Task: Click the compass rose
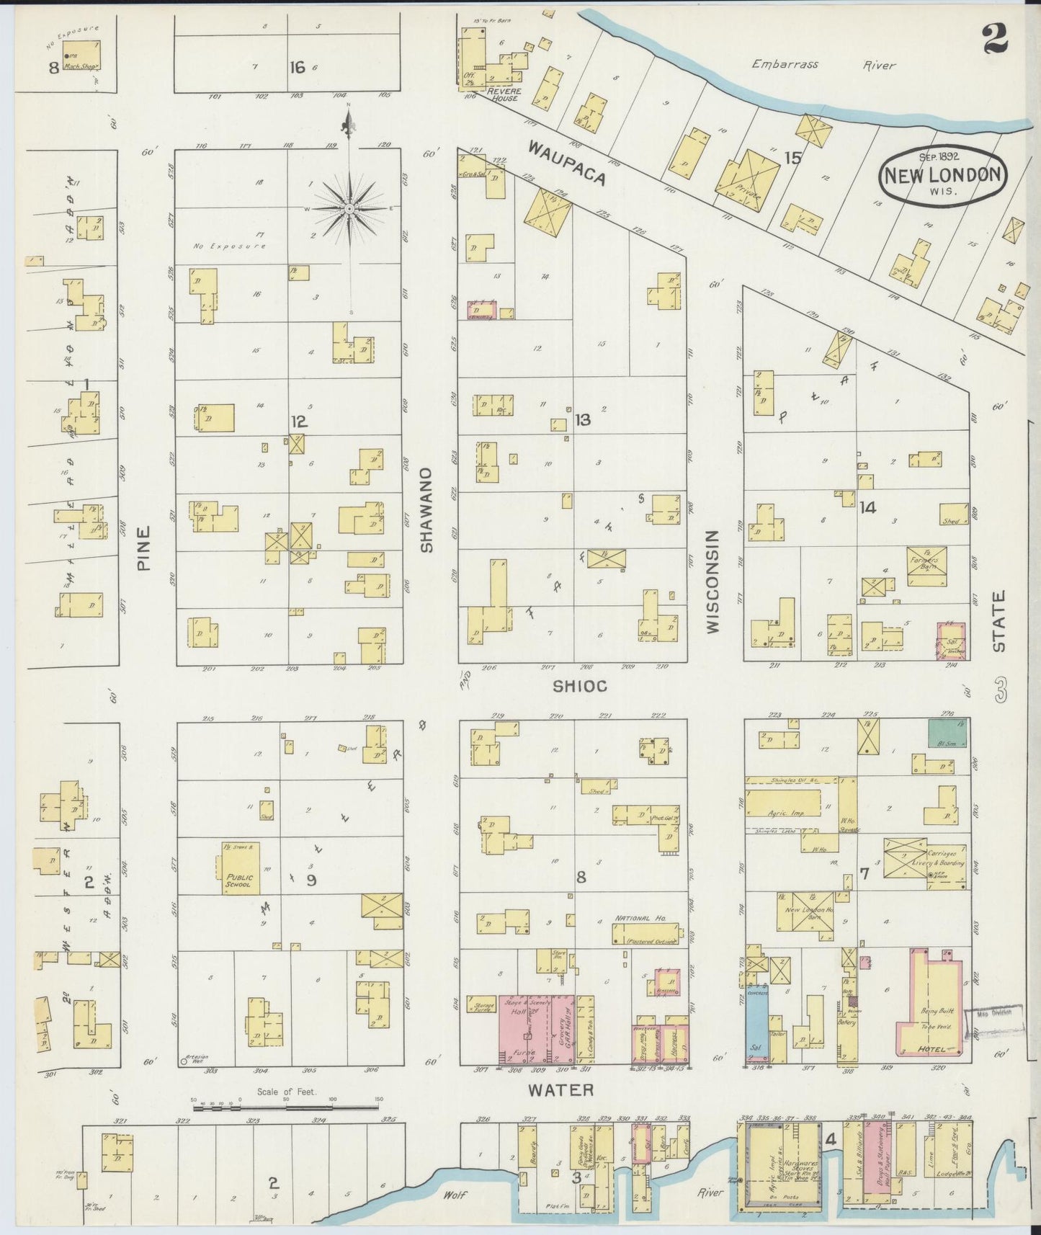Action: pyautogui.click(x=349, y=208)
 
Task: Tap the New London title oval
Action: pyautogui.click(x=942, y=174)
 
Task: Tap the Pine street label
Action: pyautogui.click(x=144, y=548)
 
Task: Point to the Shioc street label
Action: pyautogui.click(x=579, y=686)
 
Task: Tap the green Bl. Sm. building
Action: pyautogui.click(x=947, y=732)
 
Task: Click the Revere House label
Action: pyautogui.click(x=501, y=94)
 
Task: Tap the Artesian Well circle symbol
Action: pyautogui.click(x=184, y=1061)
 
